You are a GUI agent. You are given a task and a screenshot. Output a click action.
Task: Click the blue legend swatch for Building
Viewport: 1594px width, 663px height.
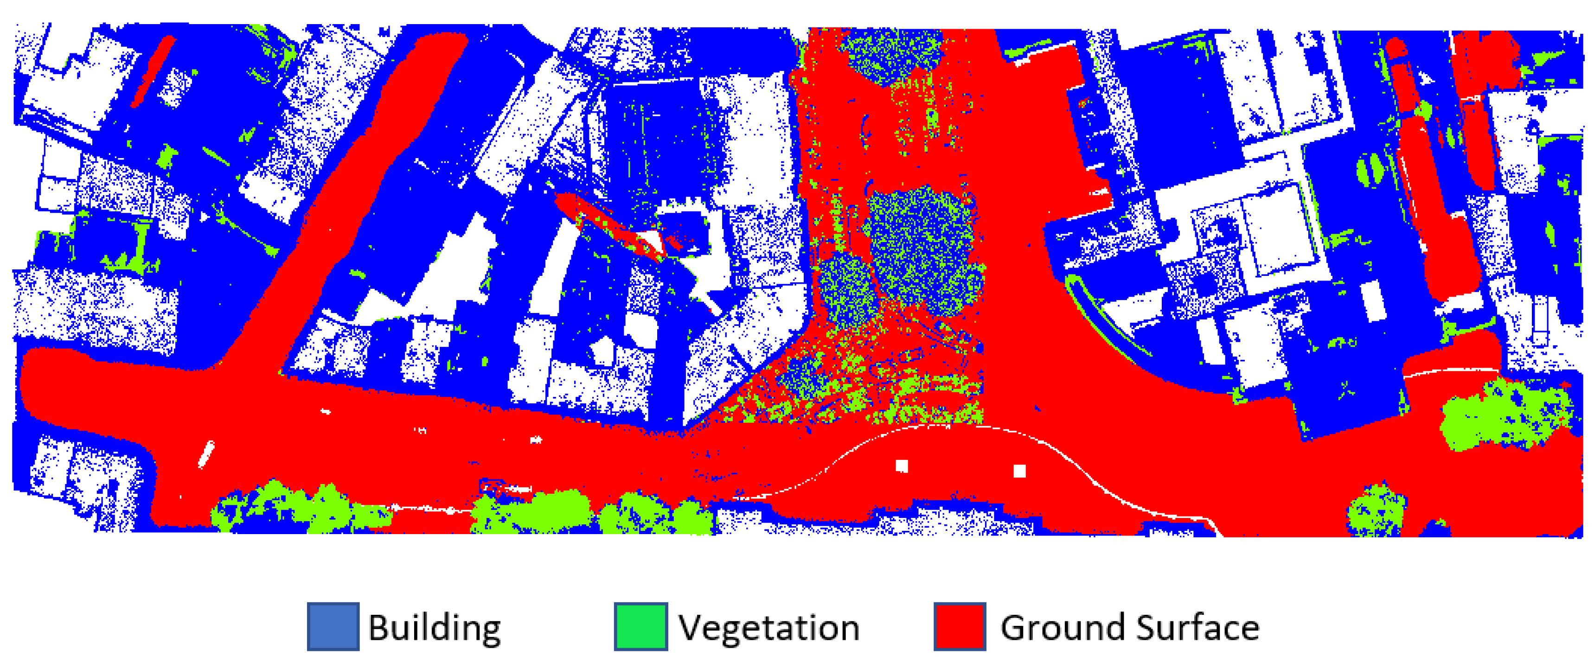click(x=333, y=626)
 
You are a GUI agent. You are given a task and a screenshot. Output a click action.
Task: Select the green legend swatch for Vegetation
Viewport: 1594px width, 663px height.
click(x=640, y=626)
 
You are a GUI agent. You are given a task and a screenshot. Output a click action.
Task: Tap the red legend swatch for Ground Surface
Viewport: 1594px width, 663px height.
click(x=960, y=626)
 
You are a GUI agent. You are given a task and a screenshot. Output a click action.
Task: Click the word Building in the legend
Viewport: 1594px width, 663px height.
click(x=435, y=627)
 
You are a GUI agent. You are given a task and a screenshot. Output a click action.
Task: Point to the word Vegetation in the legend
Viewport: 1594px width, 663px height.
click(x=768, y=627)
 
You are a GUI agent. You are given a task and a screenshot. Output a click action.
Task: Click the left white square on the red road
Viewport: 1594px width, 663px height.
click(x=902, y=465)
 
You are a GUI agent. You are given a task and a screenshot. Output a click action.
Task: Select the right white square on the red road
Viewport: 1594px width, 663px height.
click(x=1019, y=471)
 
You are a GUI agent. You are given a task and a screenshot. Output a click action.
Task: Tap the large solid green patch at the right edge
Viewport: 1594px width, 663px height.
click(x=1504, y=414)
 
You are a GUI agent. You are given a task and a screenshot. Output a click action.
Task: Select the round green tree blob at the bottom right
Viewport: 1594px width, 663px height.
click(x=1377, y=510)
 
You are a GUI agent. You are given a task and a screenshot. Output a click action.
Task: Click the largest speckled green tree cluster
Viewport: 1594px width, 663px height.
click(x=922, y=248)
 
